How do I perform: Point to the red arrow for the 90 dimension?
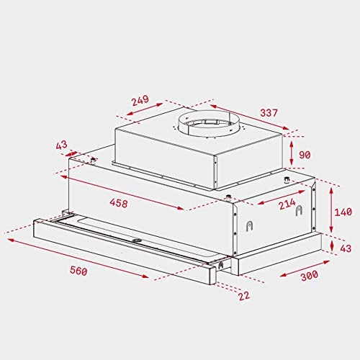(x=290, y=152)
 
